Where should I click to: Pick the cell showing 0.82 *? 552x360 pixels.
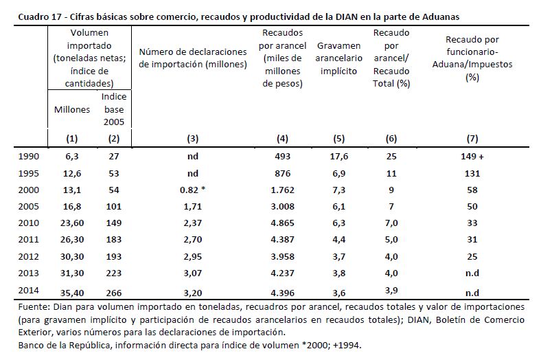pos(193,189)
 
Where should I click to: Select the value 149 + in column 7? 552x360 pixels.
pos(472,156)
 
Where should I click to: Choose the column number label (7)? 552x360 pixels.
pos(472,137)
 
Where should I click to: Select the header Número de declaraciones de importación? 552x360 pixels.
pos(193,58)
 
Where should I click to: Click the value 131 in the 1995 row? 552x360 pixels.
pos(472,172)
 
